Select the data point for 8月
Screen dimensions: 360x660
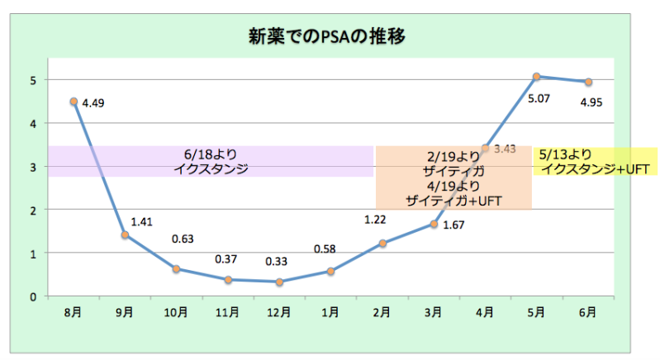pos(74,102)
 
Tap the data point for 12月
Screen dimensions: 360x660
pos(279,282)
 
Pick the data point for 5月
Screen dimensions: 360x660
pos(536,77)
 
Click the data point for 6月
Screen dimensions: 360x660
pos(587,82)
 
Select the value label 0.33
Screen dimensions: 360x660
pos(277,263)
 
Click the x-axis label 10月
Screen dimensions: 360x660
pos(176,311)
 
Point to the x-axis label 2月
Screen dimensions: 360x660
pos(382,311)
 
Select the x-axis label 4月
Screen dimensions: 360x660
pos(485,311)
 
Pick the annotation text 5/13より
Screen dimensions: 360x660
pos(564,154)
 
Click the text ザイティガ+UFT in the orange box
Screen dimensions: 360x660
pos(453,201)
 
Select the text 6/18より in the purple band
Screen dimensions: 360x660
pos(211,154)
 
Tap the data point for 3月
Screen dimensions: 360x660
pos(434,224)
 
